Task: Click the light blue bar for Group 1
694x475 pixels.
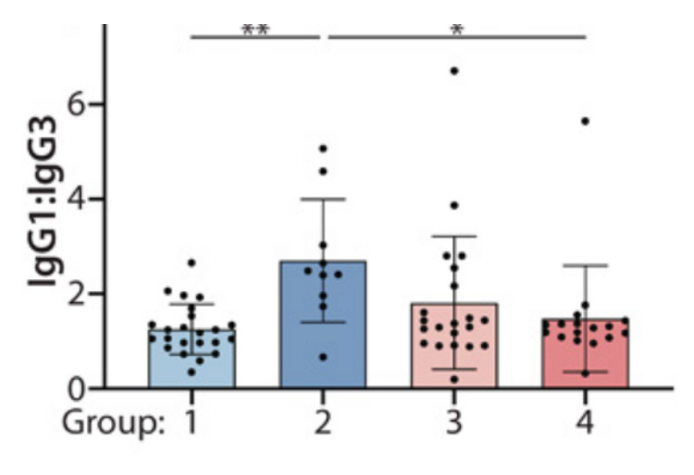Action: pyautogui.click(x=192, y=360)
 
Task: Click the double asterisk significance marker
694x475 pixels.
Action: pyautogui.click(x=254, y=29)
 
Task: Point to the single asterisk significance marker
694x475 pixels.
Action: pyautogui.click(x=455, y=29)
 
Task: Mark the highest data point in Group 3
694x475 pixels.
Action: pyautogui.click(x=454, y=71)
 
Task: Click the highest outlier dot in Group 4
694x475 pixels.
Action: pyautogui.click(x=585, y=121)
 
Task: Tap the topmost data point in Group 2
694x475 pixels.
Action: pyautogui.click(x=322, y=149)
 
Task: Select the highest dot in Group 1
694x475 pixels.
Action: pyautogui.click(x=192, y=263)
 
